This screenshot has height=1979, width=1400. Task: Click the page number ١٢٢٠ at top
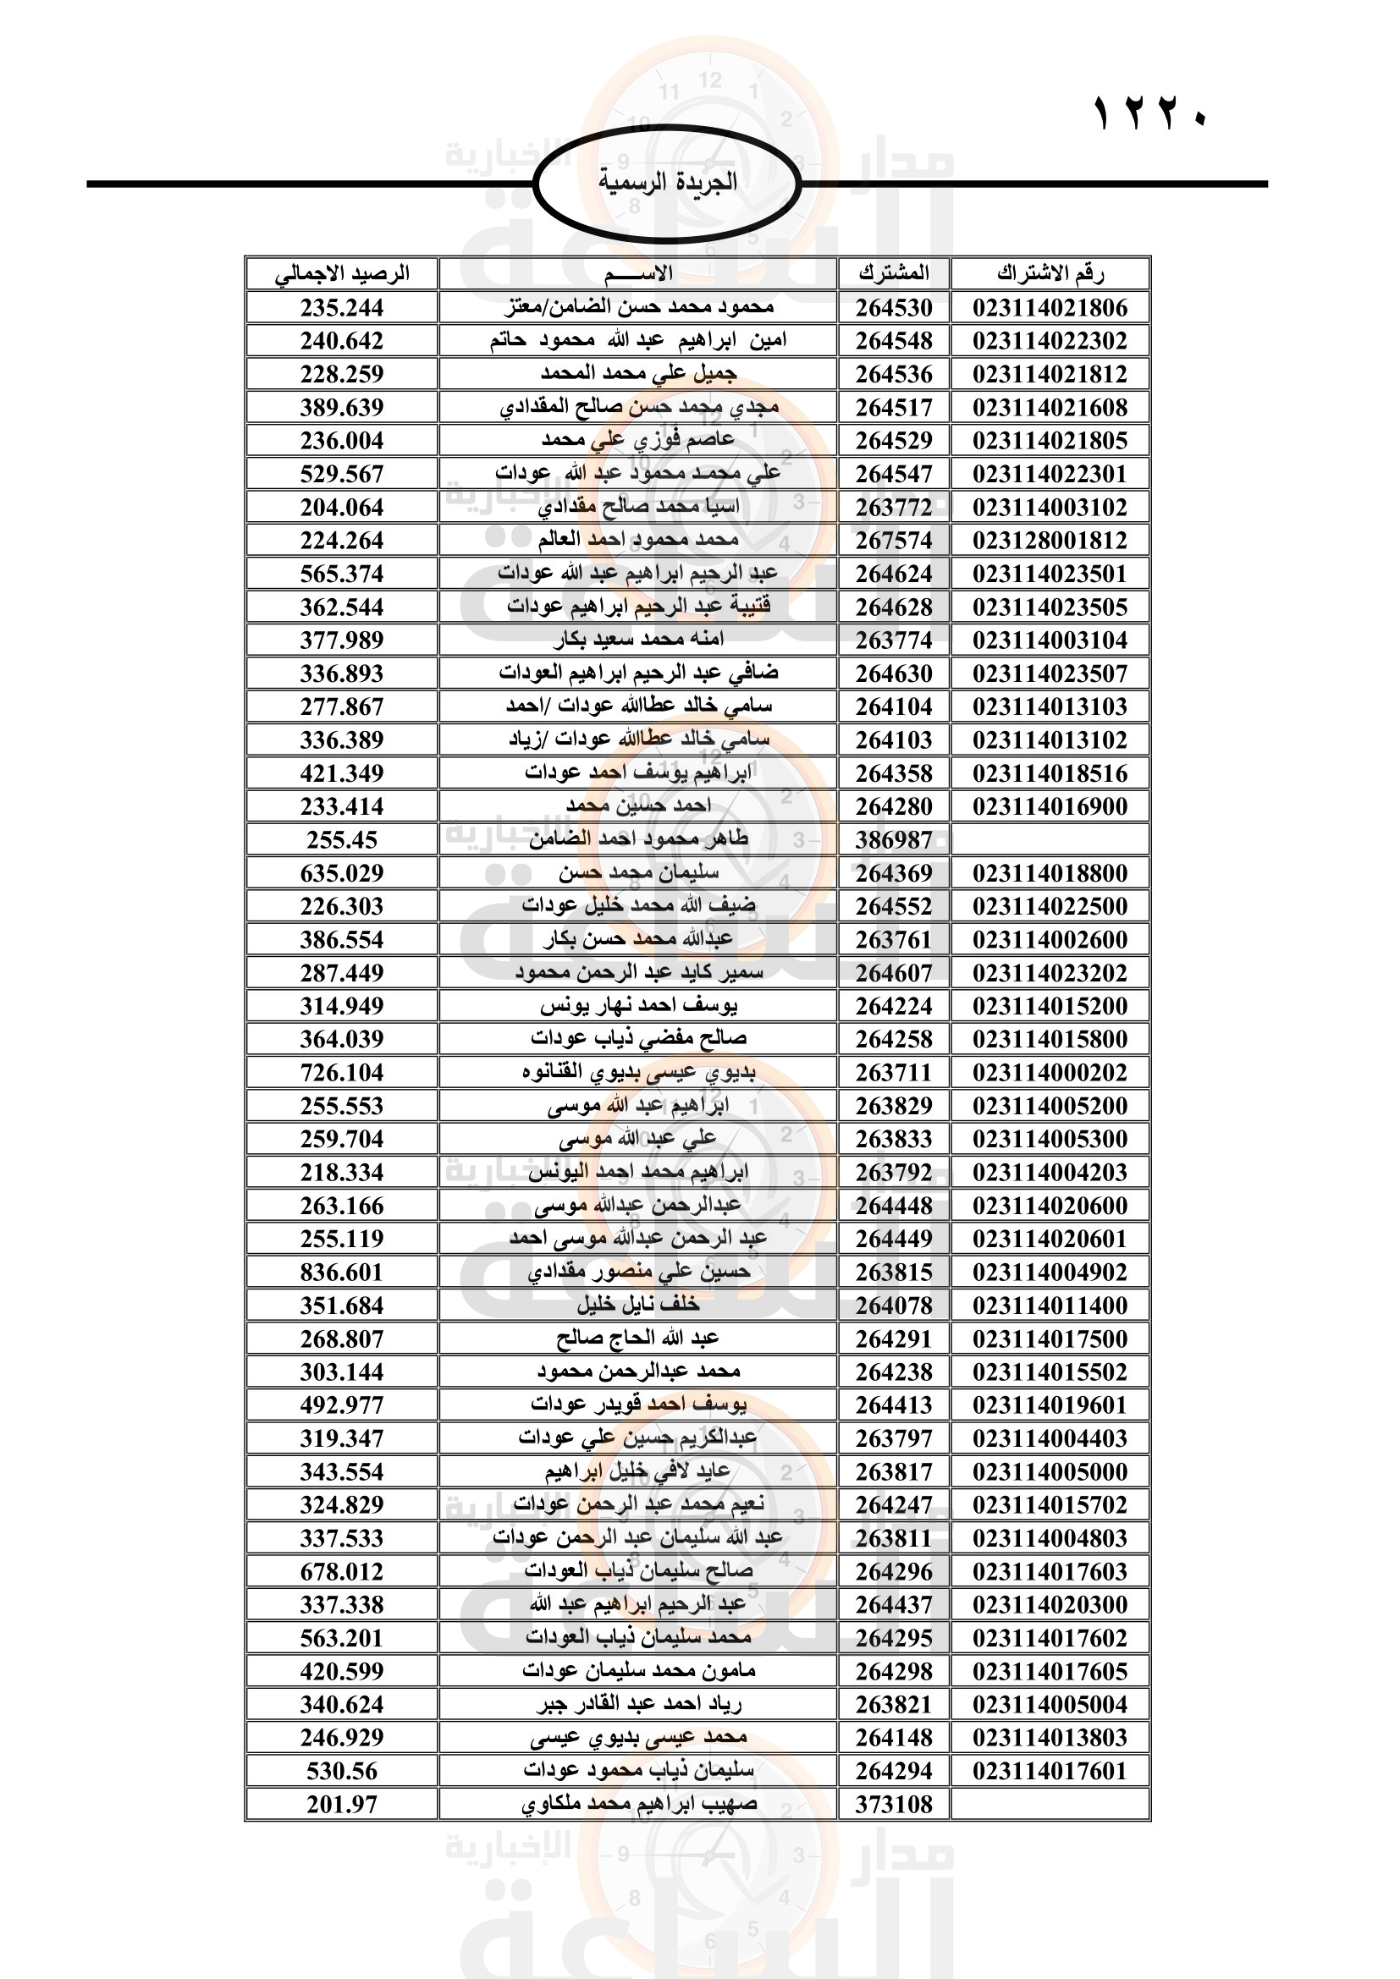pos(1151,113)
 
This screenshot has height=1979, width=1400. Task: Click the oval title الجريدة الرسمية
pos(667,183)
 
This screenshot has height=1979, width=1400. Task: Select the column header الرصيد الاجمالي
pos(341,274)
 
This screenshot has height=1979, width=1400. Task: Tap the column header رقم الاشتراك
pos(1050,274)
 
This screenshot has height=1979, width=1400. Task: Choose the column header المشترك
pos(894,274)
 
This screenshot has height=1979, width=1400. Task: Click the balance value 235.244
pos(341,308)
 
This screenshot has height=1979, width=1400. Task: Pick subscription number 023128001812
pos(1050,541)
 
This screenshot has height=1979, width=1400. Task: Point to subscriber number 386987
pos(894,839)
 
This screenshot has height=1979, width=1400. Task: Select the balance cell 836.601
pos(341,1273)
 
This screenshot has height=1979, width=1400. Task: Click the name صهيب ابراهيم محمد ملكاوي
pos(639,1804)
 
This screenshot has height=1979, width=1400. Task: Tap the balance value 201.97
pos(341,1804)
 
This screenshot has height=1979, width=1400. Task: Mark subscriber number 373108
pos(894,1804)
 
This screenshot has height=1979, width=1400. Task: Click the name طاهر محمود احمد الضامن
pos(639,839)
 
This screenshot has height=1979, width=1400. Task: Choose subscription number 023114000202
pos(1050,1072)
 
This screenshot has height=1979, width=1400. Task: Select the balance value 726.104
pos(341,1072)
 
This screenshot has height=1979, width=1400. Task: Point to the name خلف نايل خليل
pos(639,1305)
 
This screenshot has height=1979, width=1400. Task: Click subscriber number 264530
pos(894,308)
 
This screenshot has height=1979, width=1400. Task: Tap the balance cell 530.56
pos(341,1771)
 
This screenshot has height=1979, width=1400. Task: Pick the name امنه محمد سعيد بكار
pos(639,640)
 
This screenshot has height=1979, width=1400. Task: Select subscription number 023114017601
pos(1050,1771)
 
